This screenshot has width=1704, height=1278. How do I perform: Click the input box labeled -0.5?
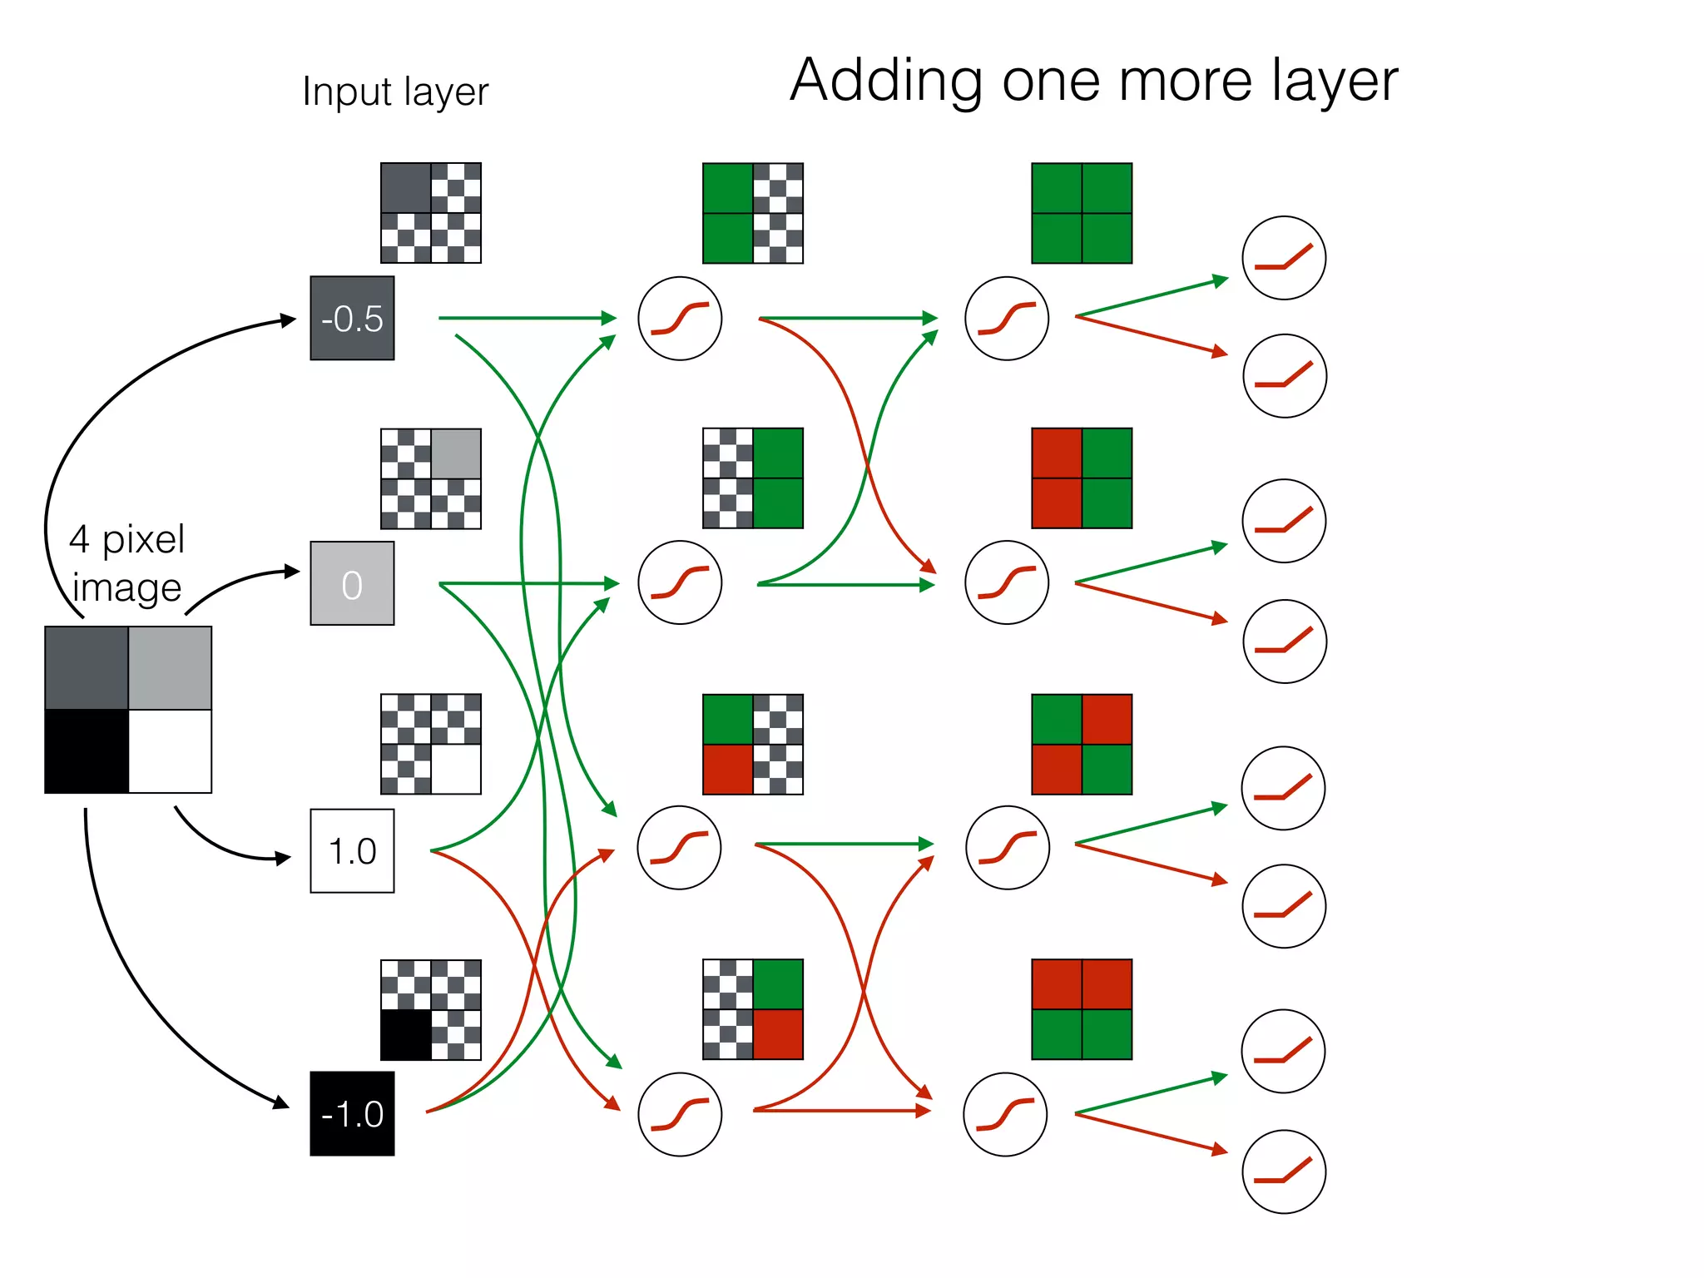pos(352,318)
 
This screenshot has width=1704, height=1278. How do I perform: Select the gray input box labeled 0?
pos(352,583)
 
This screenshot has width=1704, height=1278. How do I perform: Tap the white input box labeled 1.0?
pos(352,850)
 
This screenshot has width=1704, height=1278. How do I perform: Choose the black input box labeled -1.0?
pos(352,1113)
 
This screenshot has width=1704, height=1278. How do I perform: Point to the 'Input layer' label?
pos(395,92)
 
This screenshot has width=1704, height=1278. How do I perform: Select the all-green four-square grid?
pos(1082,213)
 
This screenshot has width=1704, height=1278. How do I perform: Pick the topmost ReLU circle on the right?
pos(1283,258)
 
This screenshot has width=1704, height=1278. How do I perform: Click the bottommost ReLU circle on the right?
pos(1283,1171)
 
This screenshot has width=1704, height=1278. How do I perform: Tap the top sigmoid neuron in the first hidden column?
pos(680,318)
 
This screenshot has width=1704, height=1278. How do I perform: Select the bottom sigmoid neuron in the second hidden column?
pos(1005,1114)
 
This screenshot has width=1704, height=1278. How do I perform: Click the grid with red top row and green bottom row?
pos(1082,1009)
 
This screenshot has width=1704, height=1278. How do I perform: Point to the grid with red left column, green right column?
pos(1082,478)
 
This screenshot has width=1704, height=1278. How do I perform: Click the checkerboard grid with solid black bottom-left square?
pos(431,1009)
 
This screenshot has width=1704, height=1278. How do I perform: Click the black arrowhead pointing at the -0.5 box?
pos(289,320)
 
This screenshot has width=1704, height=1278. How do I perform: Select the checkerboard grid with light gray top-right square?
pos(431,478)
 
